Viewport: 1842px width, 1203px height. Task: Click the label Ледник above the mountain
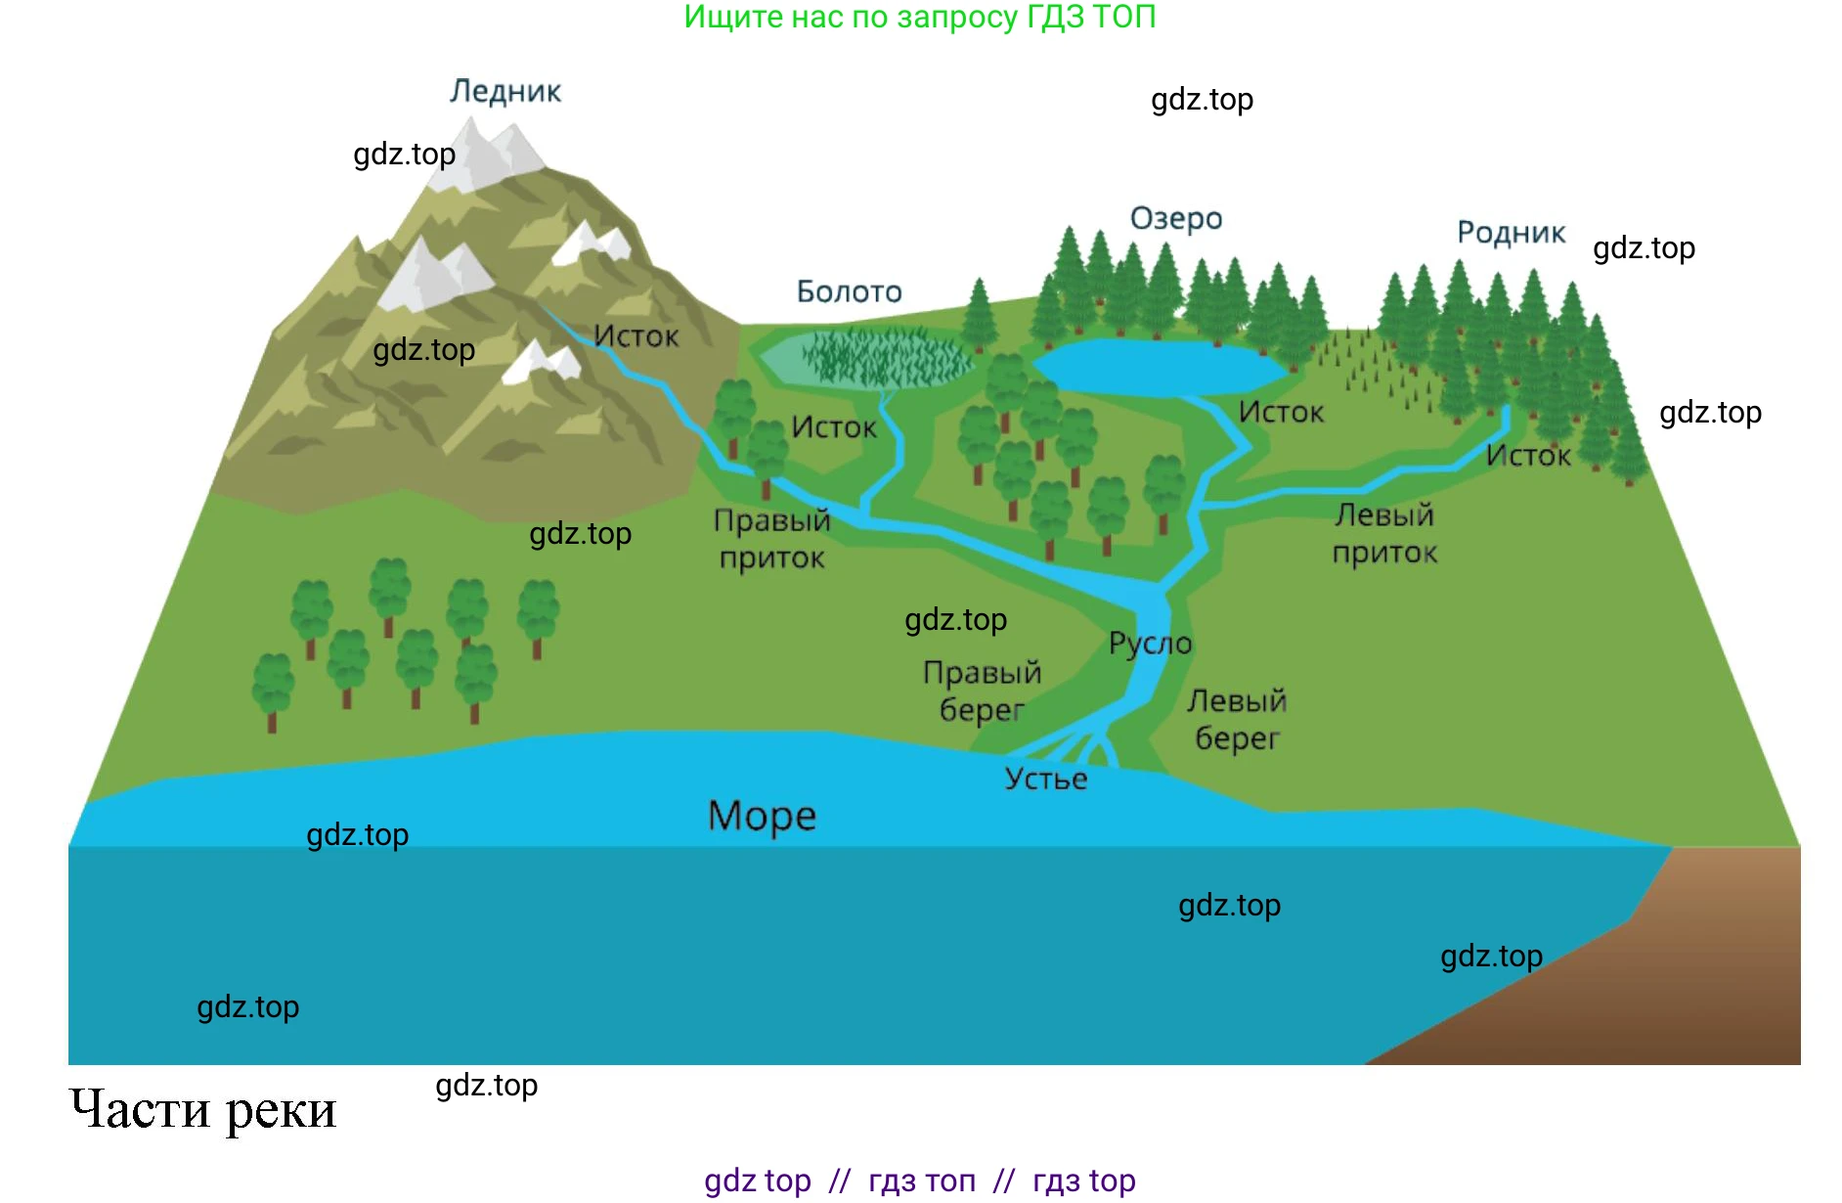pos(505,91)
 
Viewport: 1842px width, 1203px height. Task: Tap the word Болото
pos(849,291)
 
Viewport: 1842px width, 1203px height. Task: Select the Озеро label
pos(1176,218)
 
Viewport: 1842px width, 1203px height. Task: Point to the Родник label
pos(1511,233)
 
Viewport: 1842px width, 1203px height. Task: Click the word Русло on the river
pos(1150,644)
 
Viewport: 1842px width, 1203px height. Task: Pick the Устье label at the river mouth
pos(1046,779)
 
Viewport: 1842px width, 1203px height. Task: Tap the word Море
pos(762,816)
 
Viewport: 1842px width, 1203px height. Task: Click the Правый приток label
pos(771,539)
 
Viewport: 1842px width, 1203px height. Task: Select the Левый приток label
pos(1384,534)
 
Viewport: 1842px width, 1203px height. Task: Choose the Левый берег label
pos(1237,719)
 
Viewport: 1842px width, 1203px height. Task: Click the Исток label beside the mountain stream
pos(636,336)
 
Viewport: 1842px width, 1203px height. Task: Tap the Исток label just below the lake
pos(1281,413)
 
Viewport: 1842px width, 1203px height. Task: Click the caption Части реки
pos(203,1110)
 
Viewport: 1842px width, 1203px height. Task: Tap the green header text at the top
pos(919,17)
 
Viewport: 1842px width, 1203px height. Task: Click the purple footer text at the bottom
pos(919,1181)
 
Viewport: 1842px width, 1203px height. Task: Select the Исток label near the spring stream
pos(1528,456)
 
